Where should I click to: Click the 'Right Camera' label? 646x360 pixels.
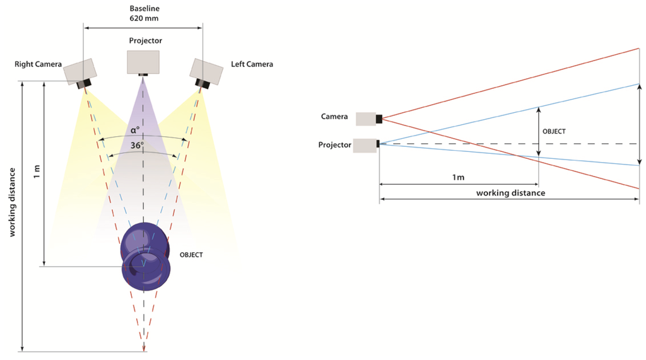click(x=38, y=64)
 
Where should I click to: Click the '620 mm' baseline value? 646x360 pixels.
click(x=143, y=19)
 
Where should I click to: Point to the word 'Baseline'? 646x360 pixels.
click(x=143, y=8)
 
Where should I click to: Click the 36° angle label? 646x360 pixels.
click(x=137, y=146)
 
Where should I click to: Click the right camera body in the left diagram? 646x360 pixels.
click(x=80, y=71)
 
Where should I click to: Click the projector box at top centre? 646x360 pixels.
click(x=143, y=62)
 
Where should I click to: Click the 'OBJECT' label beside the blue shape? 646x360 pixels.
click(x=191, y=255)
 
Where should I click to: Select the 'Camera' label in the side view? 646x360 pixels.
click(x=334, y=117)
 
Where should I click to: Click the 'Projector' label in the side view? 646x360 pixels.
click(x=334, y=145)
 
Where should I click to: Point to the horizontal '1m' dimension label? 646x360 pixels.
click(x=459, y=178)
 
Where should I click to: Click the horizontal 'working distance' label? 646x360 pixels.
click(x=510, y=193)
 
